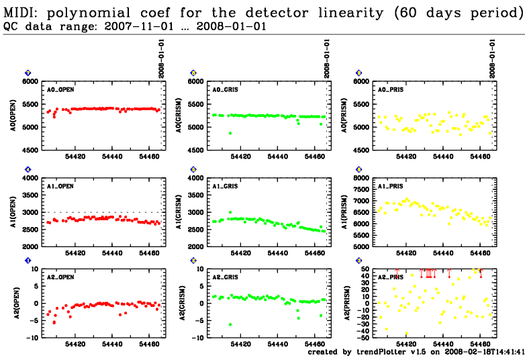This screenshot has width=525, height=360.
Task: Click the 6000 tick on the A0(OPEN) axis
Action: (x=31, y=82)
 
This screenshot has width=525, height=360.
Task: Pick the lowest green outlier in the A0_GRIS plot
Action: (x=230, y=133)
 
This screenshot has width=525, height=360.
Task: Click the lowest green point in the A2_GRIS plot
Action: (x=230, y=325)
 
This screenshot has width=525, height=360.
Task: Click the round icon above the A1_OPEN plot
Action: (x=28, y=169)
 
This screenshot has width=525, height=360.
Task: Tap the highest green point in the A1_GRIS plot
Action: (x=230, y=212)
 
